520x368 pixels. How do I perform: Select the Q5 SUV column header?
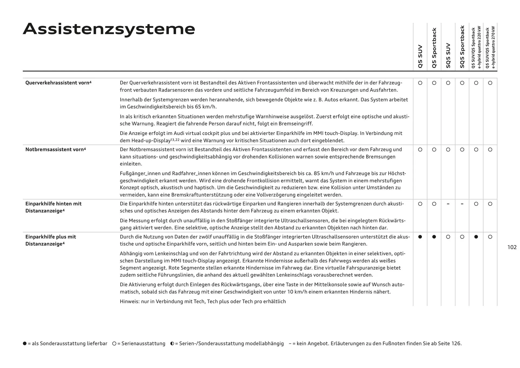(420, 56)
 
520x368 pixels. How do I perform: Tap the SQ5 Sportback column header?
(462, 47)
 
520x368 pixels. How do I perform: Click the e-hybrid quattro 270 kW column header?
(490, 47)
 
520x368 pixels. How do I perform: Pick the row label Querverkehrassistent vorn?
(58, 83)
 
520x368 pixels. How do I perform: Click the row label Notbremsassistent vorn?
(56, 149)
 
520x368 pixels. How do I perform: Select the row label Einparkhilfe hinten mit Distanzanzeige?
(53, 207)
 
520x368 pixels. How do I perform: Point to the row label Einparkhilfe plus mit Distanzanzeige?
(51, 240)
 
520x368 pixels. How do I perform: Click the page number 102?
(512, 247)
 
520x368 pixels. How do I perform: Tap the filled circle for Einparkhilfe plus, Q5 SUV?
(420, 237)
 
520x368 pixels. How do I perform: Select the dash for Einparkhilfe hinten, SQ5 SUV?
(448, 204)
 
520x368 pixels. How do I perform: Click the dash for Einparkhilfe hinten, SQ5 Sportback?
(462, 204)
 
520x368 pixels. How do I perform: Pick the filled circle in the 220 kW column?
(476, 237)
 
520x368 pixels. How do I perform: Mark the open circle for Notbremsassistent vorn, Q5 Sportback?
(434, 150)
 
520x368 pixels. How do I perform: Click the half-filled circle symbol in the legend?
(172, 344)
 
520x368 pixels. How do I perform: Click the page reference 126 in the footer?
(456, 344)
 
